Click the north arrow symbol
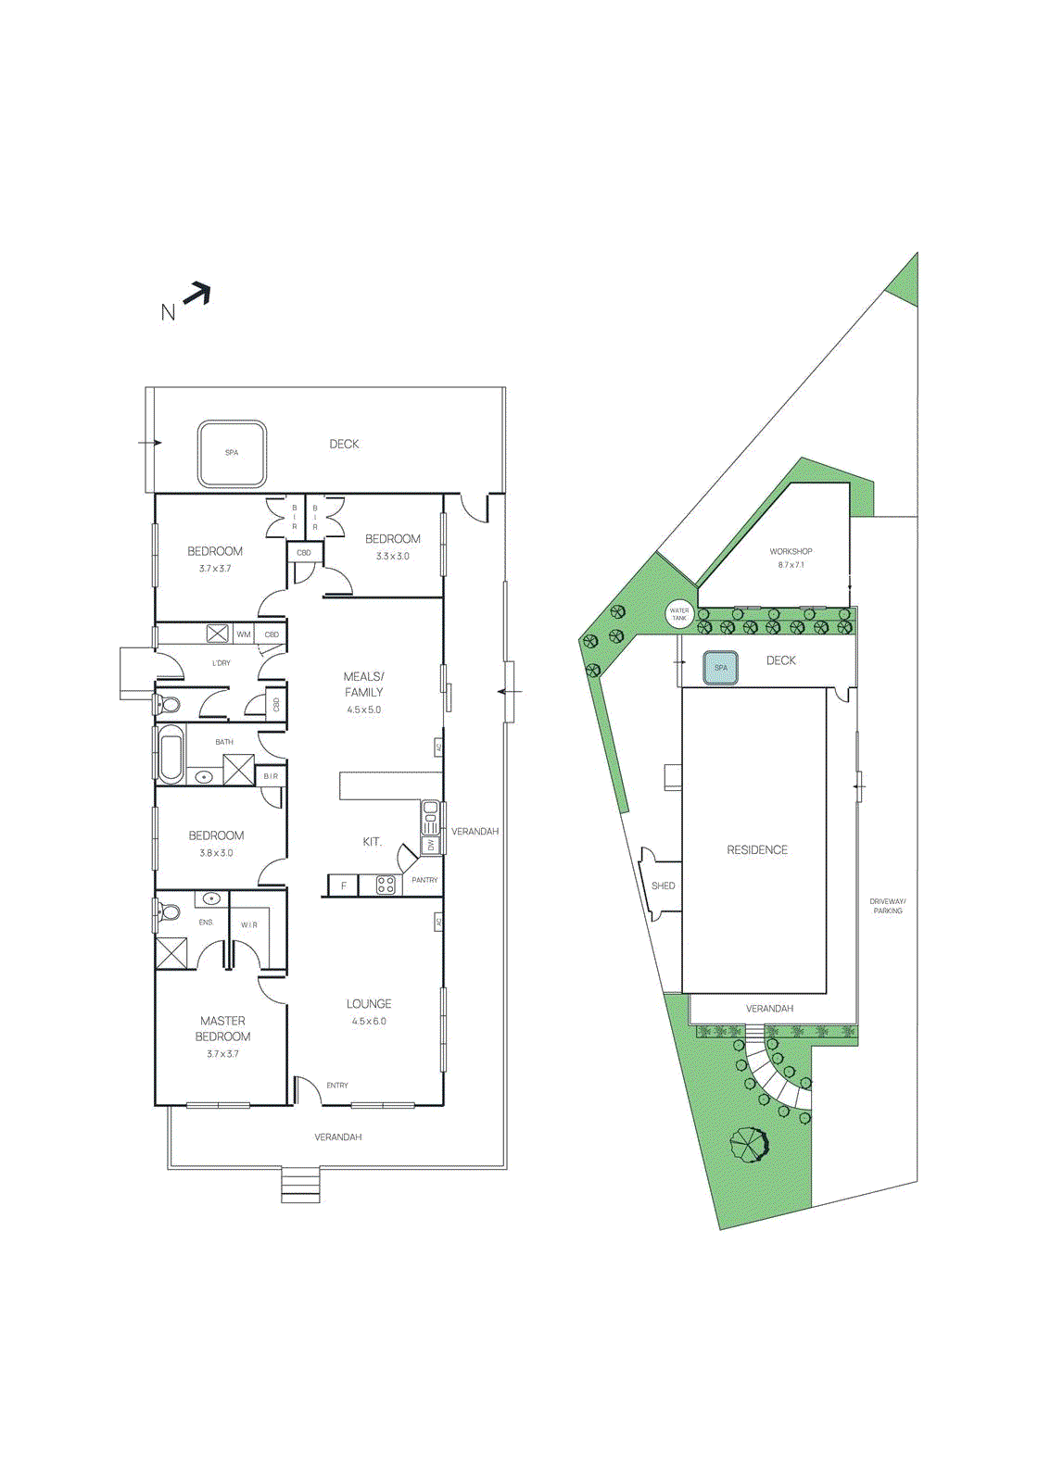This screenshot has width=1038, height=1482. pyautogui.click(x=196, y=295)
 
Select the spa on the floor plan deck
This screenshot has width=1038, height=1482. pyautogui.click(x=232, y=453)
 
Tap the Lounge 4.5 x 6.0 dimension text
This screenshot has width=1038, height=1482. pyautogui.click(x=369, y=1021)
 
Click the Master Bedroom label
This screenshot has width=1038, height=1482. pyautogui.click(x=222, y=1028)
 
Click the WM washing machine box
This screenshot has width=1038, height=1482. pyautogui.click(x=243, y=634)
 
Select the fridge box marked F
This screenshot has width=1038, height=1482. pyautogui.click(x=343, y=885)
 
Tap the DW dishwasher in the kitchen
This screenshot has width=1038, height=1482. pyautogui.click(x=431, y=845)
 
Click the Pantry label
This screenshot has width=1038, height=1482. pyautogui.click(x=424, y=880)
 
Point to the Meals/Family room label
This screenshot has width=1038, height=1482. pyautogui.click(x=363, y=684)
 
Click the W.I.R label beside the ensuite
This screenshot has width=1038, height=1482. pyautogui.click(x=249, y=924)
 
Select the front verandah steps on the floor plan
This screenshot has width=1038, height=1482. pyautogui.click(x=300, y=1186)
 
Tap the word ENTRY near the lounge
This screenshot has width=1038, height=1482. pyautogui.click(x=337, y=1085)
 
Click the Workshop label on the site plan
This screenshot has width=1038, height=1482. pyautogui.click(x=791, y=551)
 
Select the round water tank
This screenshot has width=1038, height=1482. pyautogui.click(x=679, y=613)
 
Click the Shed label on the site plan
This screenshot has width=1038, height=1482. pyautogui.click(x=664, y=885)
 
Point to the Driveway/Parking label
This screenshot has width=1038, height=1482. pyautogui.click(x=887, y=906)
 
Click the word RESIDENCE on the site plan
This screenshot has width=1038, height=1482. pyautogui.click(x=757, y=849)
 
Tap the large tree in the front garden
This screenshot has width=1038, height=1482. pyautogui.click(x=749, y=1145)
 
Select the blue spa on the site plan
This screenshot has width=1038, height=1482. pyautogui.click(x=720, y=667)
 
